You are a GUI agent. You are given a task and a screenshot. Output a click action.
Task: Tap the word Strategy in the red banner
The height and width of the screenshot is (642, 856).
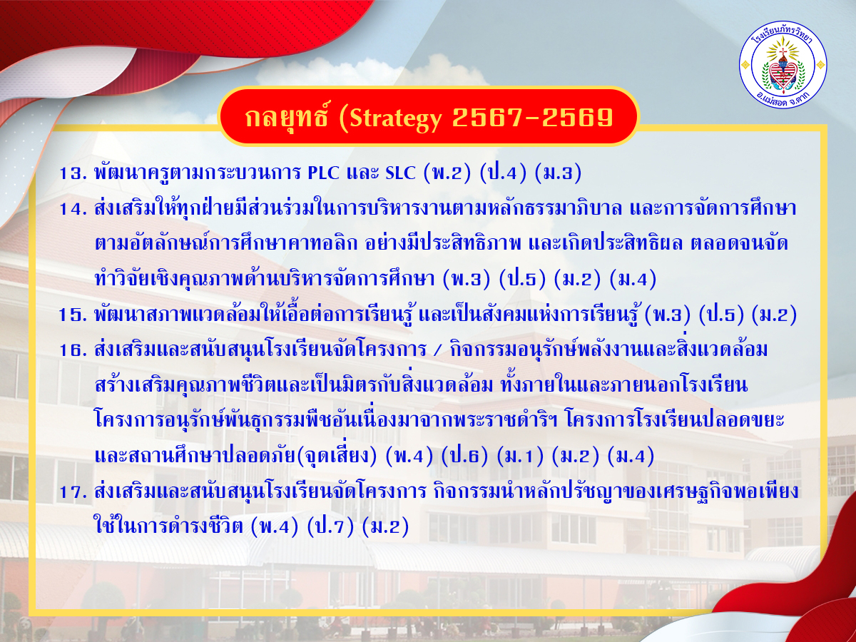coord(395,118)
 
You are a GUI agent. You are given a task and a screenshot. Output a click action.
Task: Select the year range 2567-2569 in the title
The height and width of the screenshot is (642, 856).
coord(532,117)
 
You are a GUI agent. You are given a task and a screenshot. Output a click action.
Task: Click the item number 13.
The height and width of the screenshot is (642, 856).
coord(73,173)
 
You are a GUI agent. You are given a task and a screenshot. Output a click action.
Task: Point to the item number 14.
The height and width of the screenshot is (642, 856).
coord(73,209)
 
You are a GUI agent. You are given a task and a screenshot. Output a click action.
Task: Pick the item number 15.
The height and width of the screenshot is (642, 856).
coord(73,315)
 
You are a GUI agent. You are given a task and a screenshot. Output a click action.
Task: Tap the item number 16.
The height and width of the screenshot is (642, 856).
coord(73,350)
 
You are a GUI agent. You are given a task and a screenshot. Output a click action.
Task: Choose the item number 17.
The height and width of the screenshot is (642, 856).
coord(73,492)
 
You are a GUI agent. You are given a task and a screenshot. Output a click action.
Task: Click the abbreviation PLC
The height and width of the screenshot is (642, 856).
coord(323,173)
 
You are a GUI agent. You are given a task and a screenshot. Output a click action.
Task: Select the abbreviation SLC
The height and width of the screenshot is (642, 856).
coord(400,173)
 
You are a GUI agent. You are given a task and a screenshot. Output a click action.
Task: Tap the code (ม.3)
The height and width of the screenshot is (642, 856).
coord(558,173)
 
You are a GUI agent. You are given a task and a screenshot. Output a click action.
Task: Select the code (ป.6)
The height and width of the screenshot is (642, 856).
coord(464,457)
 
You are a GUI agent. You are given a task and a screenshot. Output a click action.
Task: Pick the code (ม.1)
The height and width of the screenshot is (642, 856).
coord(520,457)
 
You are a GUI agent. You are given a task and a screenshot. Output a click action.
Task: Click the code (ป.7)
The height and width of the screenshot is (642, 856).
coord(330,527)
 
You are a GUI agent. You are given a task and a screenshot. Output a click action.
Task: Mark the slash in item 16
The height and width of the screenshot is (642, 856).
coord(437,350)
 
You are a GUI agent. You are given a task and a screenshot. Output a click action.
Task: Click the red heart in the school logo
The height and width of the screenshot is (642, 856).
coord(783,74)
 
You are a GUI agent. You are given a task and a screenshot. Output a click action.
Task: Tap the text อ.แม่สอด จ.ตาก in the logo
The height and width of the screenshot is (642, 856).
coord(783,99)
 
